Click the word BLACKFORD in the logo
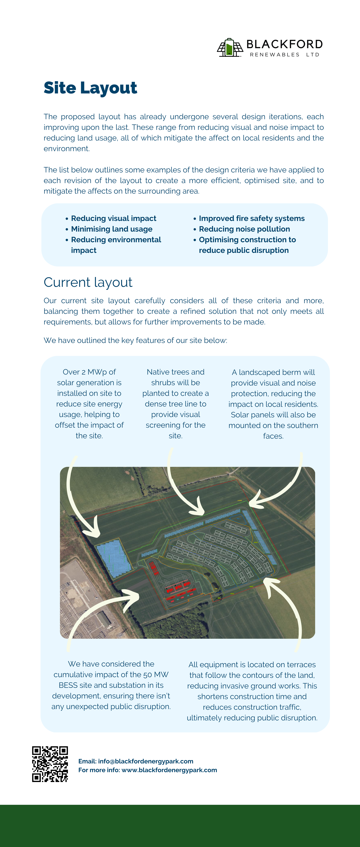pos(284,44)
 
